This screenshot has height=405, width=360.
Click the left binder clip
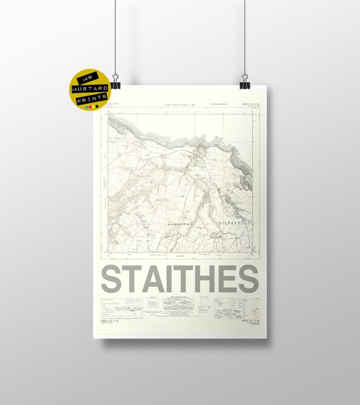pyautogui.click(x=116, y=82)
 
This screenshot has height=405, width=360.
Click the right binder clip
pyautogui.click(x=245, y=82)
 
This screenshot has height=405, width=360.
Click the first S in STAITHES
pyautogui.click(x=113, y=279)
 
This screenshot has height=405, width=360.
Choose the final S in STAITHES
pyautogui.click(x=248, y=279)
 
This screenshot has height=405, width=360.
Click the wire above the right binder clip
pyautogui.click(x=245, y=38)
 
